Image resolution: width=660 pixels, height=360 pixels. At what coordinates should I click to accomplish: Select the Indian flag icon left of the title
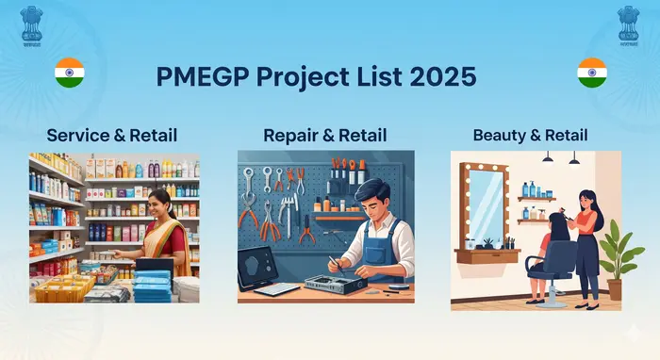tap(69, 72)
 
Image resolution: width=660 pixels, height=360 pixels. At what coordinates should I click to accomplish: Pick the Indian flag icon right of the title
tap(591, 72)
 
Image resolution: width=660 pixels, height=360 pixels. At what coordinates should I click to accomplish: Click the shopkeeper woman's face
tap(158, 203)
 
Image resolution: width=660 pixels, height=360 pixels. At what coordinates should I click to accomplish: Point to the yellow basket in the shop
tap(66, 286)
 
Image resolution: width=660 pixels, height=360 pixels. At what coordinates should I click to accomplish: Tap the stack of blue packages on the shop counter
tap(151, 284)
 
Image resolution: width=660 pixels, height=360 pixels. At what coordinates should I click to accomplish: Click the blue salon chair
tap(556, 269)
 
